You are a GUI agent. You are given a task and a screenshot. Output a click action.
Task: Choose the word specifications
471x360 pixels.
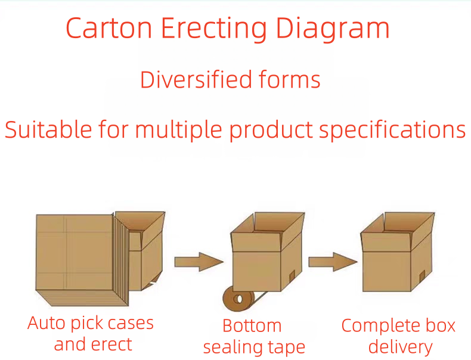pos(392,129)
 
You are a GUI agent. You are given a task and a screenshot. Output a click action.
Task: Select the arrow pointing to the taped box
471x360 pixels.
pos(197,261)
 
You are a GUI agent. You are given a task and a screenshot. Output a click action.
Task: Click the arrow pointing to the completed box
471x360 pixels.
pos(331,261)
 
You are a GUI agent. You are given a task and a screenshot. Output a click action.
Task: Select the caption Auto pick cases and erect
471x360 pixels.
pos(91,334)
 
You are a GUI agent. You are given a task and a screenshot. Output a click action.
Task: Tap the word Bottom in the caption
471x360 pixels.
pos(252,326)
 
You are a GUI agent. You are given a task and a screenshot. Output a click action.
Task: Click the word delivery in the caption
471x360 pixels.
pos(400,347)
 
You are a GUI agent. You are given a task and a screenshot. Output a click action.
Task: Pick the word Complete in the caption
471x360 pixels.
pos(380,326)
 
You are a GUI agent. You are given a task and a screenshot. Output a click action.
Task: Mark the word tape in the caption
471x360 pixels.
pos(286,347)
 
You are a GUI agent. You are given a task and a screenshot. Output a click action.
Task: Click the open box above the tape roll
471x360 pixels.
pos(265,253)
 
